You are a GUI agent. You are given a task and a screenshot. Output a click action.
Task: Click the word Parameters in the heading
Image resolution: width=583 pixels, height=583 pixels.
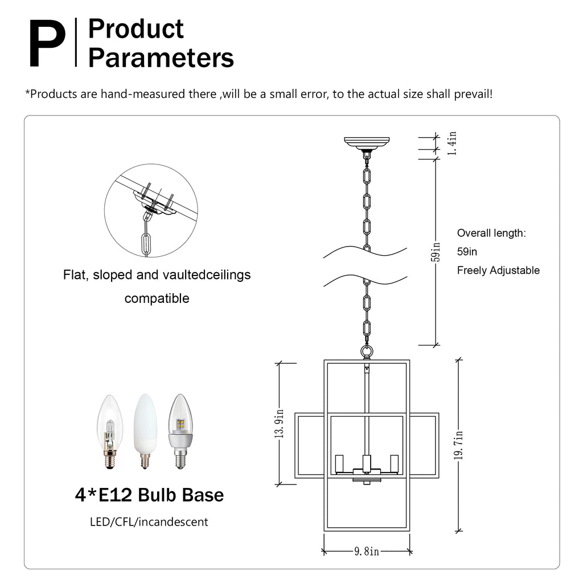click(x=161, y=58)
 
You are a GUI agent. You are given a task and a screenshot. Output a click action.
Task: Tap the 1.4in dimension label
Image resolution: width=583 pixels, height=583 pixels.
click(x=451, y=143)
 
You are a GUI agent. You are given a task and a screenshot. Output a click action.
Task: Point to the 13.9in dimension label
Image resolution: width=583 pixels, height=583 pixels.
click(x=279, y=424)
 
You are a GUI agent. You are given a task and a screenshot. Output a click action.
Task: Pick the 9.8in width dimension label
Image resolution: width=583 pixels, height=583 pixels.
click(x=367, y=551)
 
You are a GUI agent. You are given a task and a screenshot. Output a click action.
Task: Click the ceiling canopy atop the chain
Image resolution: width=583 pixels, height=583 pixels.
click(x=367, y=142)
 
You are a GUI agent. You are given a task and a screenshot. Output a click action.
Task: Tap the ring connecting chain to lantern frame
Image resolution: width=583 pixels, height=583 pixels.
click(x=367, y=351)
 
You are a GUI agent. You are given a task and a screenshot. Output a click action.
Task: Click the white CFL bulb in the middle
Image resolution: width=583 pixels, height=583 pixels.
click(x=145, y=430)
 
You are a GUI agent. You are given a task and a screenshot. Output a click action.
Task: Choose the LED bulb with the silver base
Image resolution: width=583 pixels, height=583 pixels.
click(x=180, y=430)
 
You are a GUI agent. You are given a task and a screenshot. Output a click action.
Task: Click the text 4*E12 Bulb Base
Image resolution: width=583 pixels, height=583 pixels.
click(x=149, y=495)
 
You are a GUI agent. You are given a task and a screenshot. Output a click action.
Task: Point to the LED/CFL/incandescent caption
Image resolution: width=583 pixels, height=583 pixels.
click(x=149, y=522)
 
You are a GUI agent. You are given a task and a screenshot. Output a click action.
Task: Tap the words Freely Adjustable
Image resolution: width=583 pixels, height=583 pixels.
click(x=498, y=270)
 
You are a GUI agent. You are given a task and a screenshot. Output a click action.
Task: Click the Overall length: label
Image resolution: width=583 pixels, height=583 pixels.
click(x=491, y=233)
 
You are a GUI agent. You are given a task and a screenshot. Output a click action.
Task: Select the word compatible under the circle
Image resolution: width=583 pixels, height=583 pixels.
click(x=157, y=298)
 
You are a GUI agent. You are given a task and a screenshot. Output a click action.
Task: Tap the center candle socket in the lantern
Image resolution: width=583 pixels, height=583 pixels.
click(x=367, y=462)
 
